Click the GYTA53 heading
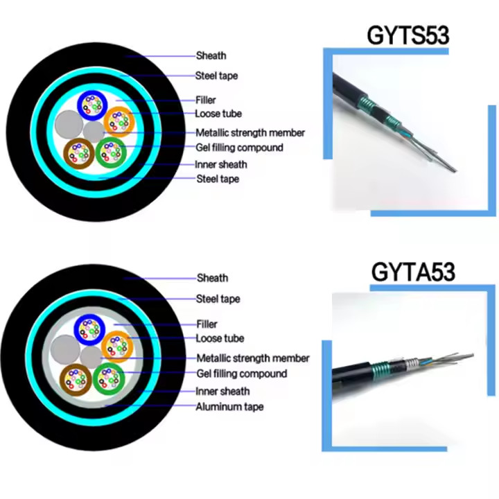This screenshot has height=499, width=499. click(413, 271)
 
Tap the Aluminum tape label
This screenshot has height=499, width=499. click(229, 407)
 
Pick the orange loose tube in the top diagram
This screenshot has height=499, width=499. click(119, 122)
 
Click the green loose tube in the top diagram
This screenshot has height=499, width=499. click(110, 152)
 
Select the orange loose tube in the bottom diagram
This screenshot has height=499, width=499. click(116, 346)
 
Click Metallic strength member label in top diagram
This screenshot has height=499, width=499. click(250, 132)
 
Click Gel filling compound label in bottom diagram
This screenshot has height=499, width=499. click(241, 374)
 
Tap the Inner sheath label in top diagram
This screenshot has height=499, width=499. click(221, 164)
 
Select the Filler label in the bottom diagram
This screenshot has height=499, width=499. click(207, 324)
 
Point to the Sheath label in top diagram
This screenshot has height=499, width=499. click(211, 55)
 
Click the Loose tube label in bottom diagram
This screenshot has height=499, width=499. click(220, 338)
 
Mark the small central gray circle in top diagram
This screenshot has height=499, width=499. click(93, 130)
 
